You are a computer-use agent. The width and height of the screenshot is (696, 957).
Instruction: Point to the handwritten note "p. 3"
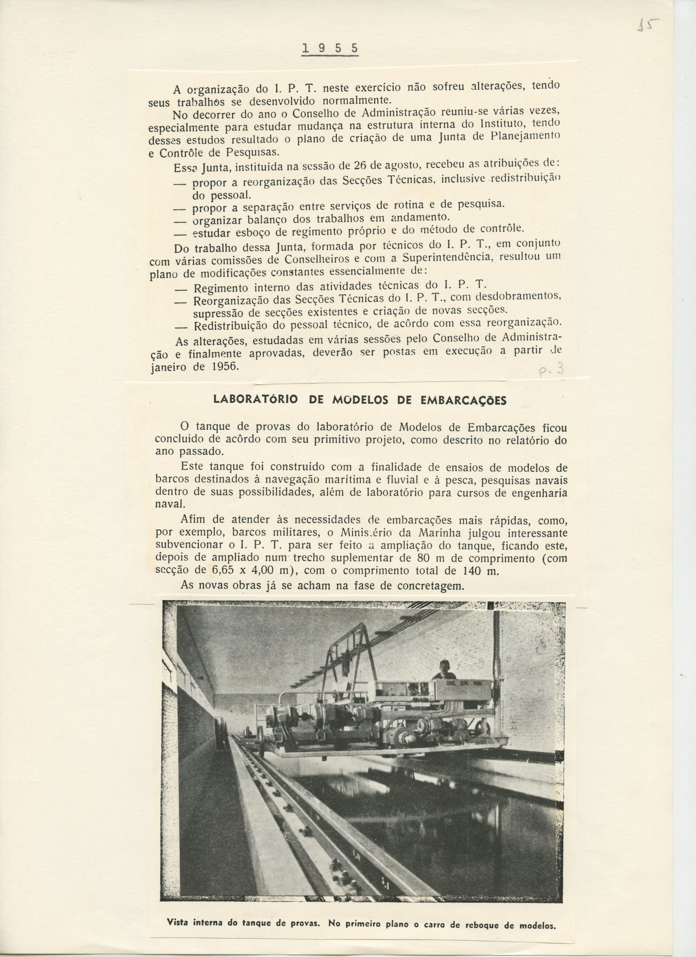[x=552, y=370]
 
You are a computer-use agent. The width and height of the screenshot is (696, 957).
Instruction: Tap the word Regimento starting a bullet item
[x=221, y=288]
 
